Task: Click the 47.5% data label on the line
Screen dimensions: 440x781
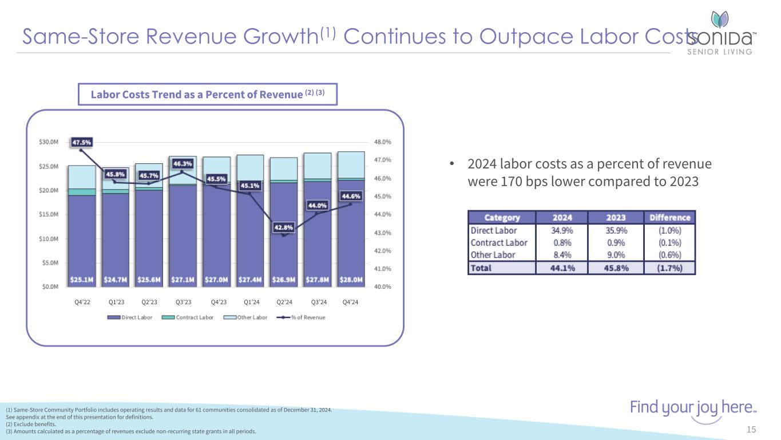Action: (x=81, y=142)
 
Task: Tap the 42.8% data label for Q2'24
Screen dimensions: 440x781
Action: (x=284, y=227)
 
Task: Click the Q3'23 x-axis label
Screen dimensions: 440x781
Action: (x=183, y=302)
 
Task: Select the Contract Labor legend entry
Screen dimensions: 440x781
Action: (x=191, y=317)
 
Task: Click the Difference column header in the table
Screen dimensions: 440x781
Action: (x=670, y=218)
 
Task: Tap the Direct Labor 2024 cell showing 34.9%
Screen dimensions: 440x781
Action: (x=562, y=231)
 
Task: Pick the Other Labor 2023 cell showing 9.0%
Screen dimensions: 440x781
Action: (x=616, y=255)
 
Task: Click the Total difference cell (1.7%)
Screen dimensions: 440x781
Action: (x=670, y=268)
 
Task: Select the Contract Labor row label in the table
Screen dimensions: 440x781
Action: (x=498, y=243)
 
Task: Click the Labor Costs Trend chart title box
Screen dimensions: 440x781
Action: (x=208, y=95)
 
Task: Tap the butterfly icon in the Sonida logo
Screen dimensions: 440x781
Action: (x=719, y=19)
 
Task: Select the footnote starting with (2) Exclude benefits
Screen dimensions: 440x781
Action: (x=31, y=425)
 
